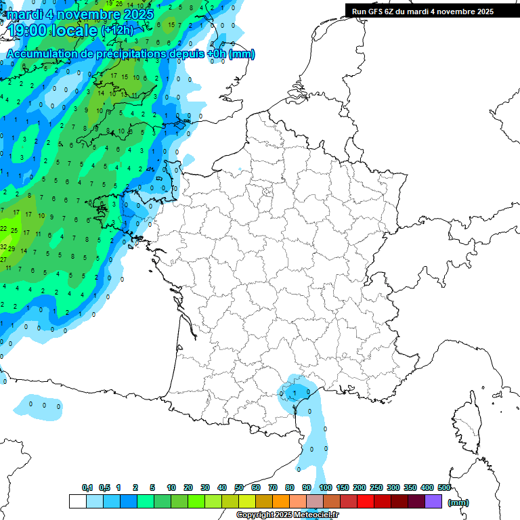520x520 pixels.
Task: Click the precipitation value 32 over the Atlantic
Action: (x=3, y=247)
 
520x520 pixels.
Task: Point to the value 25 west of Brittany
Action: (x=14, y=231)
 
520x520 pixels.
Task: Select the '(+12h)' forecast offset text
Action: (x=118, y=30)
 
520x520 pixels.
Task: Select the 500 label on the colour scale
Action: (x=444, y=487)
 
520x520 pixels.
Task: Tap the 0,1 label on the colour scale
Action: (x=87, y=487)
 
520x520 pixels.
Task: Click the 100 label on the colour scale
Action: (x=326, y=487)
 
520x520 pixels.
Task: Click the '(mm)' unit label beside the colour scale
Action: (x=458, y=502)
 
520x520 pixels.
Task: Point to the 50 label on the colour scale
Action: (x=239, y=487)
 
